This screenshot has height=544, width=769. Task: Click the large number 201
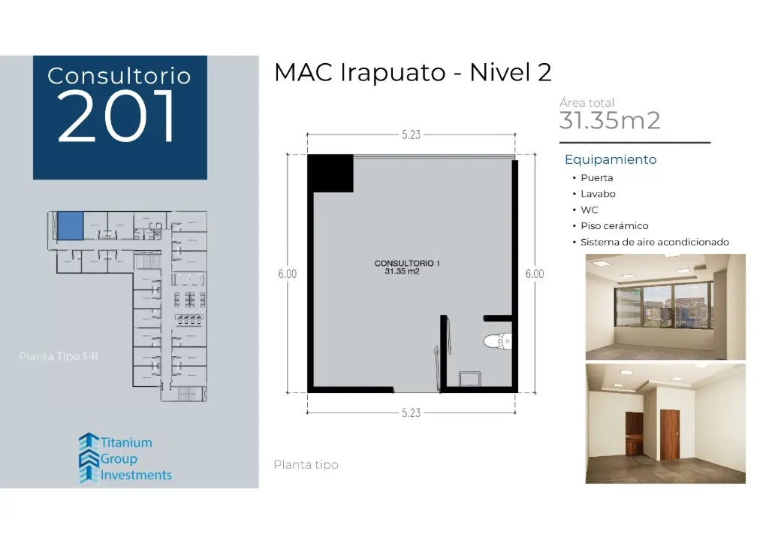coord(118,116)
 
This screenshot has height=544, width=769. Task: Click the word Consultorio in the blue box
coord(119,76)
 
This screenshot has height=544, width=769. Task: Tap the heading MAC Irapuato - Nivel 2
coord(413,72)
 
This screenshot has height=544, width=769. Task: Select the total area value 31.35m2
coord(610,120)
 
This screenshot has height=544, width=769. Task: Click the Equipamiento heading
coord(611,159)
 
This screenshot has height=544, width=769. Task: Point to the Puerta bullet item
coord(596,178)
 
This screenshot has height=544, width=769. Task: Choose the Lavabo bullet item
coord(598,194)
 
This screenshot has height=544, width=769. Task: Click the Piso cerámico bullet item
coord(614,225)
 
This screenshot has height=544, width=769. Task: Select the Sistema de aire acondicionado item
coord(654,242)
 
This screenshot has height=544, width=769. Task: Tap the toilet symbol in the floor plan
coord(496,342)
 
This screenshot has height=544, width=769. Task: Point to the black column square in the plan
coord(330,173)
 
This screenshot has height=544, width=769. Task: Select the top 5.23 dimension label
coord(411,135)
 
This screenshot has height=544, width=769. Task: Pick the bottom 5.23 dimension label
coord(411,413)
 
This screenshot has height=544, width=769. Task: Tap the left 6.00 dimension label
coord(287,274)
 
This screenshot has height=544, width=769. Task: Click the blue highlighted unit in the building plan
coord(70,225)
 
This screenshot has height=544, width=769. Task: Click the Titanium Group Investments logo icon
coord(89,458)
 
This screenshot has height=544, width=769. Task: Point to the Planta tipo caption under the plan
coord(306,465)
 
